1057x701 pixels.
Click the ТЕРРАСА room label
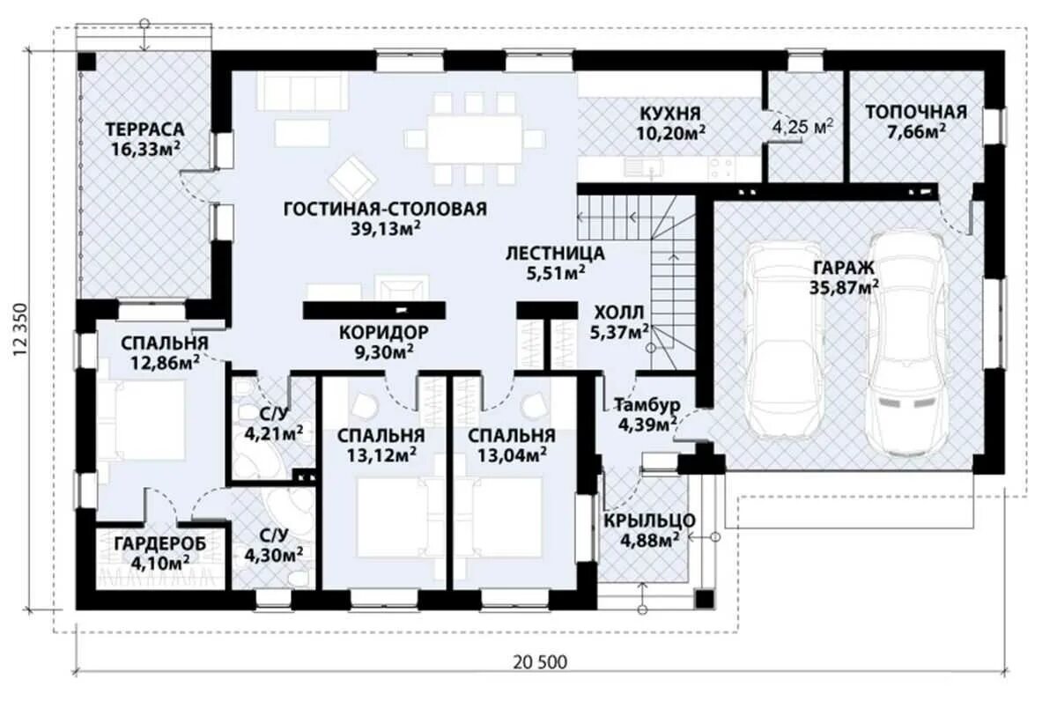(144, 129)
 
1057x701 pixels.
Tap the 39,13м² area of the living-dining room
(386, 229)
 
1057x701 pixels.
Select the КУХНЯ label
(670, 114)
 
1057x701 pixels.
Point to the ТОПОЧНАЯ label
(916, 112)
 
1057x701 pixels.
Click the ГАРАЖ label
(843, 268)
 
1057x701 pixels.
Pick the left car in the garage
(784, 341)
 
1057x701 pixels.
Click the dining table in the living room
(475, 138)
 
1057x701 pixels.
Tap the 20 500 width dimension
(540, 662)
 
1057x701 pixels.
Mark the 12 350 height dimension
(21, 329)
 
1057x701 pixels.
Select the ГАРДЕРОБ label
(160, 544)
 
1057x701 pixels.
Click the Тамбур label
(647, 405)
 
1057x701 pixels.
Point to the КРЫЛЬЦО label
(649, 520)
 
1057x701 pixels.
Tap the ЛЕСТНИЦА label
(555, 254)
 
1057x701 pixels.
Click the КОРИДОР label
(384, 332)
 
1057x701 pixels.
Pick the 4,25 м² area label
(802, 125)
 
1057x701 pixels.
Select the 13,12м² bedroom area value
(381, 454)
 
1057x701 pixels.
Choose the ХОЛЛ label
(618, 313)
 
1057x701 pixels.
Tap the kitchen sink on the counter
(644, 167)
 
